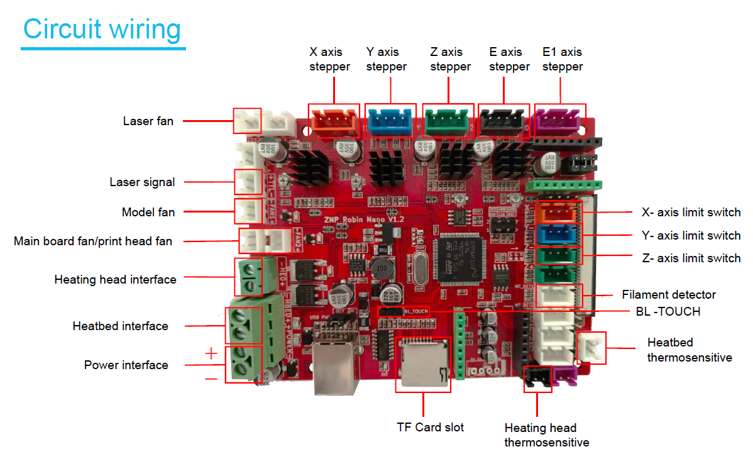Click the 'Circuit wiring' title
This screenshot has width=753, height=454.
pos(102,30)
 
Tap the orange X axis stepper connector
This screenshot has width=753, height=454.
pos(334,120)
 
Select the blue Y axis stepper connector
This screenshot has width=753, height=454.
pos(390,120)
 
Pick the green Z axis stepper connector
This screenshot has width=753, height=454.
pos(449,120)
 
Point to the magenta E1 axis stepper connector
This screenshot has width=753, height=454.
pos(559,120)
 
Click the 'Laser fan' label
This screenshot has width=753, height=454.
pos(148,121)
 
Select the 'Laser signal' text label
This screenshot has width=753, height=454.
pos(142,182)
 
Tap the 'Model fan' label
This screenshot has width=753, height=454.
pos(148,212)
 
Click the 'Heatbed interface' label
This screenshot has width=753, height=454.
pos(120,326)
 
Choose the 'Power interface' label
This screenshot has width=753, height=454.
pos(126,365)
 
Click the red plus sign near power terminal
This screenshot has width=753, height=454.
pos(211,353)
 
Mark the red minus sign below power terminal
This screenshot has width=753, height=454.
pos(211,379)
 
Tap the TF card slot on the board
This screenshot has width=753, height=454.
pos(423,363)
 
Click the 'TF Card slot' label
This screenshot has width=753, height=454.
pos(430,428)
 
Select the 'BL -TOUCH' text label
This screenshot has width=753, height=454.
pos(668,311)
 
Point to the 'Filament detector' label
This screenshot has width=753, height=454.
pos(669,294)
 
